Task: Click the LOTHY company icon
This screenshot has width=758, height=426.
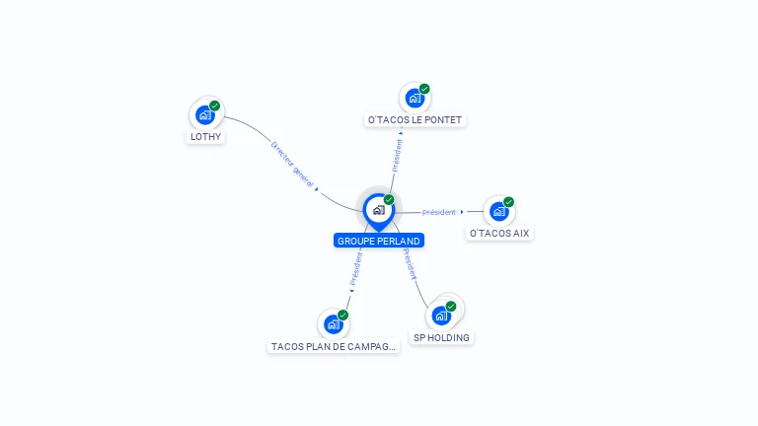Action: (205, 114)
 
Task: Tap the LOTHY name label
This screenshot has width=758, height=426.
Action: (205, 137)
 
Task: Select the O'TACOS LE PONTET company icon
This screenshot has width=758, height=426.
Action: (415, 98)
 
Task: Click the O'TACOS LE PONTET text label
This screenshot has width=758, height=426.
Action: (415, 120)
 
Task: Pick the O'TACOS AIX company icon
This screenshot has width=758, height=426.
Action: (498, 211)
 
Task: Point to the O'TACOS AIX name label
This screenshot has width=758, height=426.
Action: (499, 234)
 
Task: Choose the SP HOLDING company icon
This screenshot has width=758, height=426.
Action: (441, 316)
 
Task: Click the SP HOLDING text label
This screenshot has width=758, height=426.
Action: (441, 337)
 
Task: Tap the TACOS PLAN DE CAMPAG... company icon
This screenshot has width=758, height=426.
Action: (334, 323)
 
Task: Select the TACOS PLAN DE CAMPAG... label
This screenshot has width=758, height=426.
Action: (334, 347)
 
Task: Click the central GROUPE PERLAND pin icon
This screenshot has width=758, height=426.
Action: (378, 210)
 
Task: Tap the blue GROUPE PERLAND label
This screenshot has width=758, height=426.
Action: (379, 241)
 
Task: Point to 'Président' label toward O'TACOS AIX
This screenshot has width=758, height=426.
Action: (439, 212)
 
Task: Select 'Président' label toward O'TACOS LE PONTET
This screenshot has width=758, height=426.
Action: (397, 156)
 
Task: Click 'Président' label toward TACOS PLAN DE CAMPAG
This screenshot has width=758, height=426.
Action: (356, 267)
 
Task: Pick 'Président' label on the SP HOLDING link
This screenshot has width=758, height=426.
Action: (409, 262)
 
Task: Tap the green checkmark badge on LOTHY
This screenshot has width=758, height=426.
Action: (215, 106)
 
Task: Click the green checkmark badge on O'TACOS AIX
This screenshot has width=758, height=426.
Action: (508, 202)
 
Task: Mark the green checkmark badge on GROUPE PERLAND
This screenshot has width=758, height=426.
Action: (389, 200)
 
